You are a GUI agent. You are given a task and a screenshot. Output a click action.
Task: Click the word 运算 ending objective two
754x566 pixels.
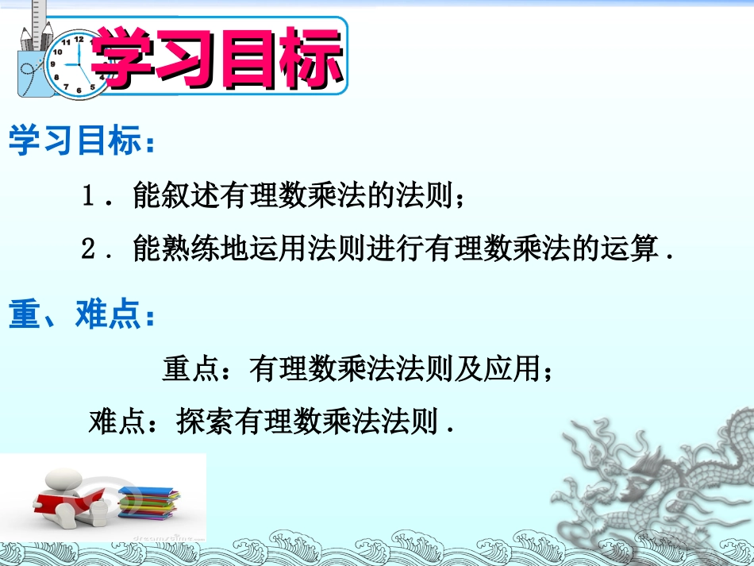631,250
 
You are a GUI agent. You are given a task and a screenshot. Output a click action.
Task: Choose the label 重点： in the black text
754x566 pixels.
198,368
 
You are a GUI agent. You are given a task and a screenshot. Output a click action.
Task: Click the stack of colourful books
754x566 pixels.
148,503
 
